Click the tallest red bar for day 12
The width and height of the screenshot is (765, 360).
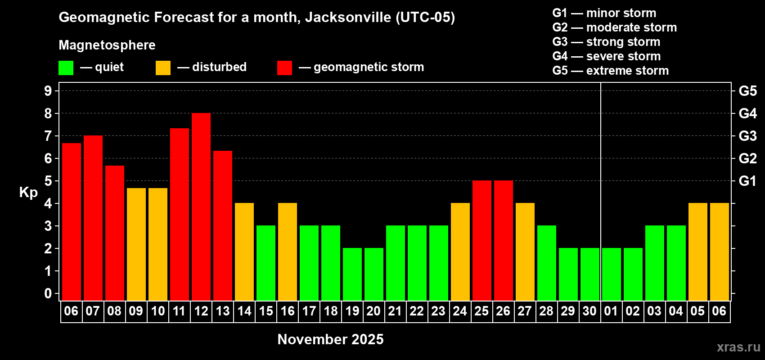[x=201, y=207]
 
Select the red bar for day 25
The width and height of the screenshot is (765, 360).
[x=482, y=240]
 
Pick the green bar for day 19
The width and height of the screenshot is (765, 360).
[x=352, y=274]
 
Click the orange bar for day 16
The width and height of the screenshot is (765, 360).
[x=288, y=252]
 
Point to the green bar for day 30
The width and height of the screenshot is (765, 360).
[x=590, y=274]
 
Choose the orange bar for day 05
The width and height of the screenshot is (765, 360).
[x=698, y=252]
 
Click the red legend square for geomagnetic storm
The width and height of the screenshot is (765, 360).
[x=284, y=68]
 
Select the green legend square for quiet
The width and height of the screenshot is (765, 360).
[x=66, y=68]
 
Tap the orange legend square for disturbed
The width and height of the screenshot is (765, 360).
[x=163, y=68]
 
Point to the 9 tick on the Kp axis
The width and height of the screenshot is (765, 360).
[x=48, y=91]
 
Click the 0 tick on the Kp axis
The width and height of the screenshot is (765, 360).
[x=48, y=294]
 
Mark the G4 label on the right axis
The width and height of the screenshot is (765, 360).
[x=747, y=113]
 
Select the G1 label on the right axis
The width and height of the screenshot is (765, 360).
[x=747, y=181]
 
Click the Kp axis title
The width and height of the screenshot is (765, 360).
[x=28, y=193]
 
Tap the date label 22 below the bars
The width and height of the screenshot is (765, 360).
[x=417, y=311]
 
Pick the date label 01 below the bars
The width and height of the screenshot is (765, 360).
[x=611, y=311]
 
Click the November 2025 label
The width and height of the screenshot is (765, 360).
[x=330, y=339]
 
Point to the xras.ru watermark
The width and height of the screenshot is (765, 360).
[x=738, y=347]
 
